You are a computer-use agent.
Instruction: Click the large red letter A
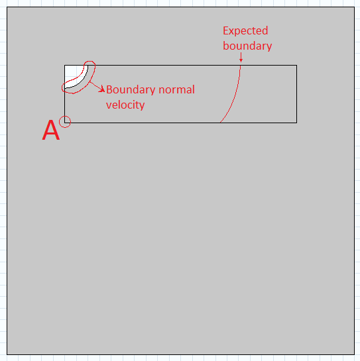[x=51, y=130]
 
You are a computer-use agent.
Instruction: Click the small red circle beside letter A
[x=65, y=122]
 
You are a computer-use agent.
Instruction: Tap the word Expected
[x=245, y=31]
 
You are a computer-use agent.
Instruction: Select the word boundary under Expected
[x=247, y=46]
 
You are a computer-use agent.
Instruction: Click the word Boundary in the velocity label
[x=131, y=90]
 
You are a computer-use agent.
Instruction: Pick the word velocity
[x=125, y=105]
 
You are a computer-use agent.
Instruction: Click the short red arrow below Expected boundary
[x=241, y=58]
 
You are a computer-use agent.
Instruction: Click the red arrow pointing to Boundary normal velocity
[x=97, y=87]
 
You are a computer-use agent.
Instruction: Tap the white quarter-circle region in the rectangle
[x=72, y=74]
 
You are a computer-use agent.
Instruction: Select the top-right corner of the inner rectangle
[x=296, y=65]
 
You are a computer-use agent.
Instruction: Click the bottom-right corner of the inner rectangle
[x=296, y=123]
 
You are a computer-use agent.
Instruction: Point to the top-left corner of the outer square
[x=7, y=7]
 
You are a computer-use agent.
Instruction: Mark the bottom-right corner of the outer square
[x=354, y=354]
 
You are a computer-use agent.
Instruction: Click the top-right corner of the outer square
[x=354, y=7]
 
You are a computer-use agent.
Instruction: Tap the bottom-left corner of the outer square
[x=7, y=354]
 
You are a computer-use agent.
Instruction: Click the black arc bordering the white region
[x=82, y=81]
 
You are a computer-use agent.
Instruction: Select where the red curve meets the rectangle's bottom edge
[x=220, y=123]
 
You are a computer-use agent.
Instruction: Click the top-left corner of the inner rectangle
[x=65, y=65]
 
